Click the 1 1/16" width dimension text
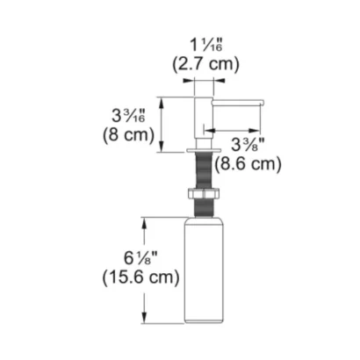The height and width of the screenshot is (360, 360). pyautogui.click(x=206, y=45)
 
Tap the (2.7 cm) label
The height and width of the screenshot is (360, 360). pyautogui.click(x=205, y=63)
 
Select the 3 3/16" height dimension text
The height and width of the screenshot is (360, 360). pyautogui.click(x=128, y=115)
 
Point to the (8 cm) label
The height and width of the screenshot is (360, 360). pyautogui.click(x=128, y=134)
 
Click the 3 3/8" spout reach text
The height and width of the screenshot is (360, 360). pyautogui.click(x=248, y=144)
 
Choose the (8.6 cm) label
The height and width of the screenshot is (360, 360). pyautogui.click(x=248, y=164)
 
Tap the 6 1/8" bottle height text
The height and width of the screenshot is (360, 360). pyautogui.click(x=140, y=258)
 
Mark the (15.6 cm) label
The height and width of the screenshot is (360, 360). pyautogui.click(x=140, y=277)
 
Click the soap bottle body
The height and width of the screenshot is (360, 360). pyautogui.click(x=204, y=270)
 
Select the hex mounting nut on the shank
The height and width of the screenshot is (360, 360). pyautogui.click(x=204, y=194)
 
